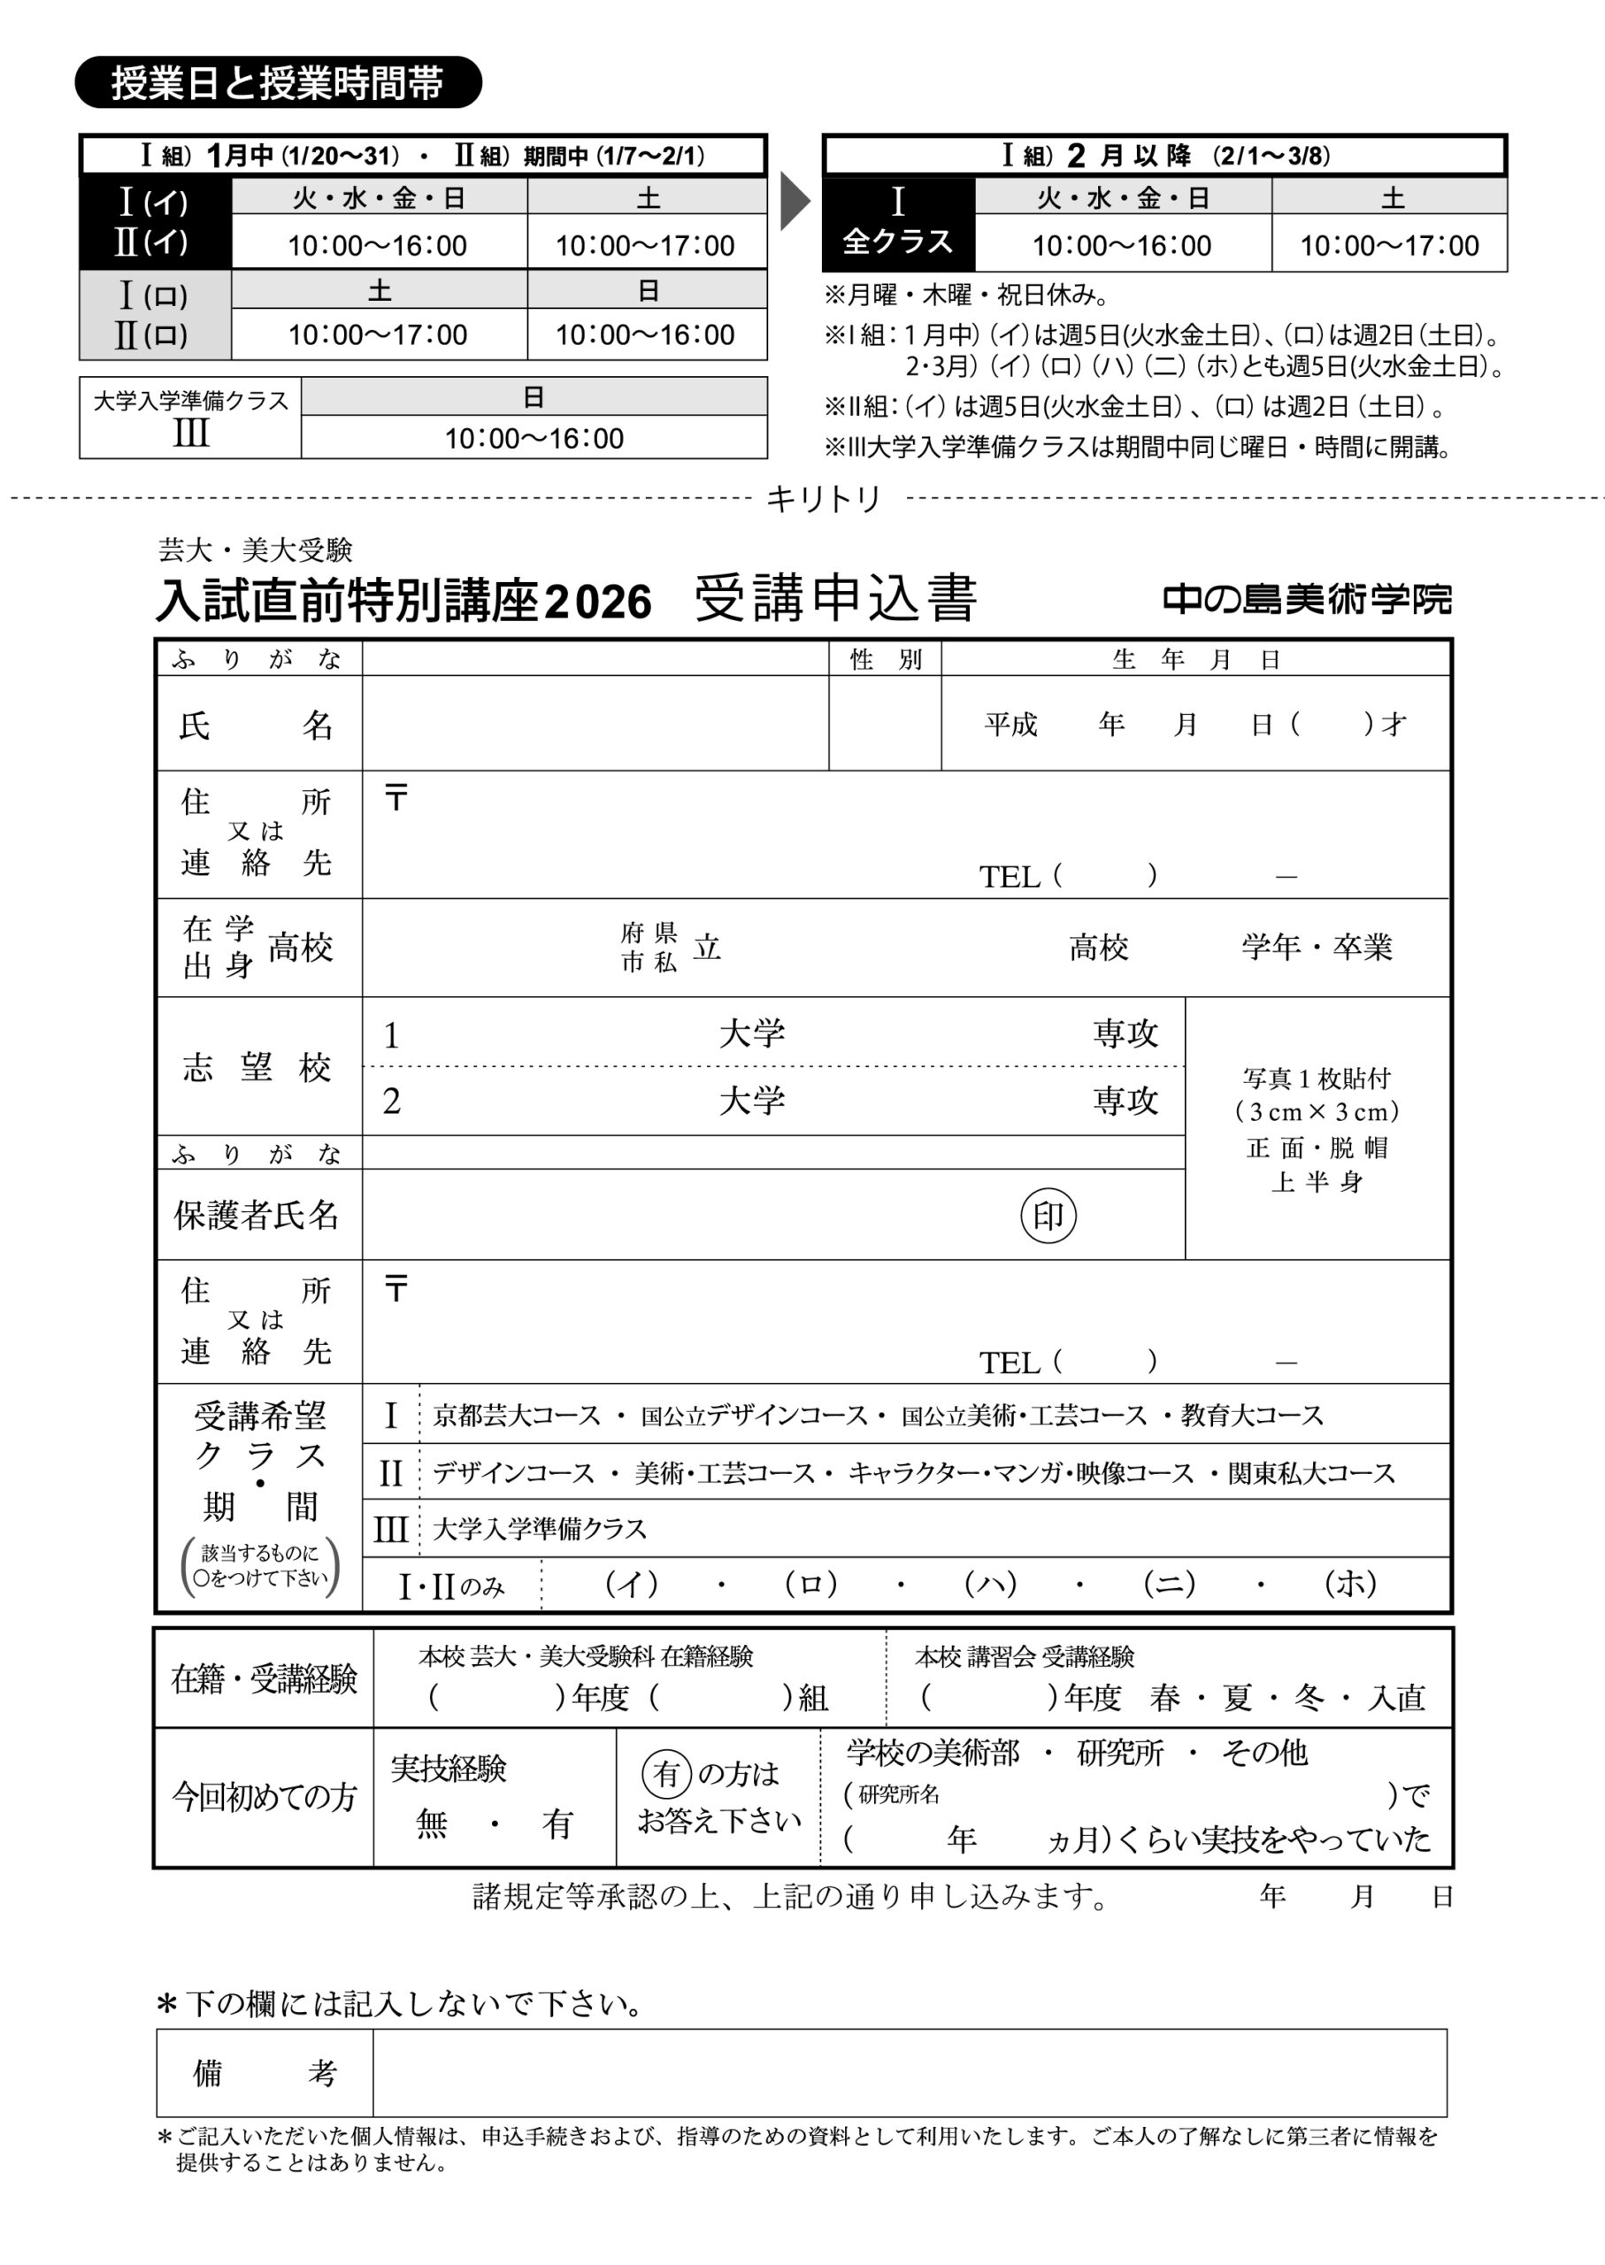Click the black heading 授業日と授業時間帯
click(278, 83)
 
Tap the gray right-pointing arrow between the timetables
click(795, 202)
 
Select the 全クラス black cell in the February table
click(897, 223)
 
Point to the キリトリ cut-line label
click(823, 499)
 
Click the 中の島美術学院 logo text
click(1307, 599)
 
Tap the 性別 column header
click(886, 659)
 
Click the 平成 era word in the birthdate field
click(1010, 725)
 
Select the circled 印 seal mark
click(1048, 1216)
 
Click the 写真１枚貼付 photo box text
click(1317, 1079)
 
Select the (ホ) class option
click(1350, 1583)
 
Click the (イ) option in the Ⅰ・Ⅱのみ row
click(632, 1583)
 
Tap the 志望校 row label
click(257, 1067)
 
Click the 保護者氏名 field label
click(257, 1215)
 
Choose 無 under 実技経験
click(432, 1823)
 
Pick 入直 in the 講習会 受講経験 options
click(1395, 1697)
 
